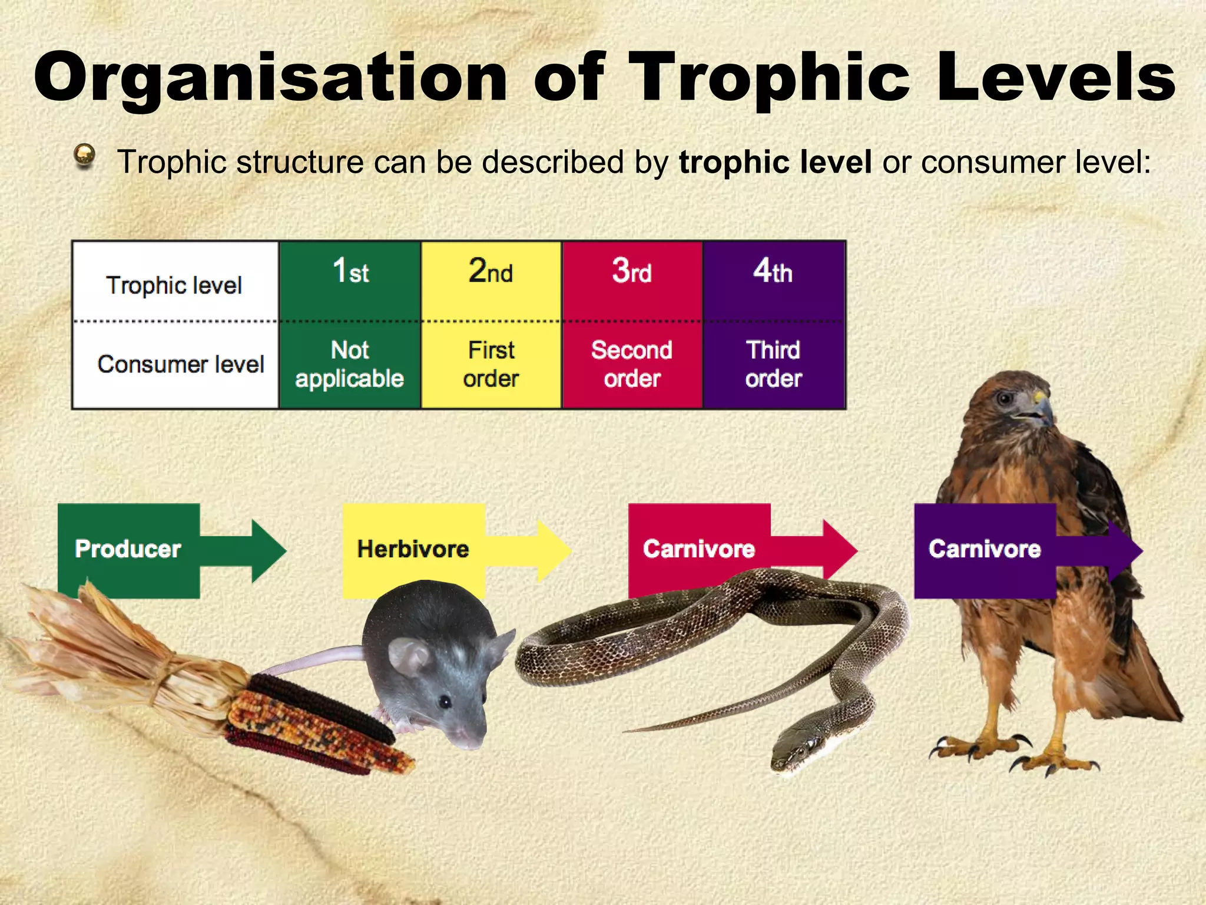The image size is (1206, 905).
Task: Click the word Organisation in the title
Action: tap(271, 78)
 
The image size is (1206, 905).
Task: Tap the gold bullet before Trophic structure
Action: tap(85, 156)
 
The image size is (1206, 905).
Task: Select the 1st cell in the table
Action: tap(350, 272)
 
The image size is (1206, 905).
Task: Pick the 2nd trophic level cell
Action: tap(491, 272)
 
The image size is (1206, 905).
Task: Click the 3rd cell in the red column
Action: tap(632, 272)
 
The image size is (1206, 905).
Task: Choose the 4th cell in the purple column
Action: tap(773, 272)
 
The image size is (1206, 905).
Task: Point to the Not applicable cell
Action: tap(350, 365)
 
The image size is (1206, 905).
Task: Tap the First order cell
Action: tap(491, 365)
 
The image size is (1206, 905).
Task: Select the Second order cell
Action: tap(632, 365)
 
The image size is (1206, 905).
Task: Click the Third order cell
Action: tap(774, 365)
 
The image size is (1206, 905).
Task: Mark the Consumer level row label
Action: tap(181, 364)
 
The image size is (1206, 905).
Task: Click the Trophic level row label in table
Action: tap(174, 285)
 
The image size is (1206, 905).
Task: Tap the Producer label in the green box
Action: tap(128, 549)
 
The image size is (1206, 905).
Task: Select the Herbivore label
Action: tap(413, 549)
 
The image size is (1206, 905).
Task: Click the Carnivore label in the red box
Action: tap(699, 549)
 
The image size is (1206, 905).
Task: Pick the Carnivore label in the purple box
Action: tap(985, 549)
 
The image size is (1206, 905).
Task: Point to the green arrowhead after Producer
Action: tap(268, 551)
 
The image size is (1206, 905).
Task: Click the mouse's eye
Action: tap(446, 702)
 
